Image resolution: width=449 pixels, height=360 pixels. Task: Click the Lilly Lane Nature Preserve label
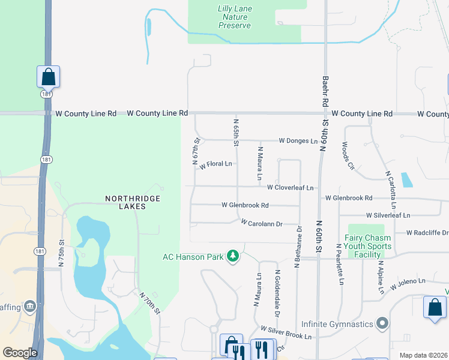(x=235, y=17)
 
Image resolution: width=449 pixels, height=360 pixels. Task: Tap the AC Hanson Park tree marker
(x=232, y=257)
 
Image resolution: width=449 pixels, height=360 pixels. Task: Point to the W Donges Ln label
(x=298, y=141)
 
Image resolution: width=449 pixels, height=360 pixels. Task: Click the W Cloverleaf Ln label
(x=291, y=188)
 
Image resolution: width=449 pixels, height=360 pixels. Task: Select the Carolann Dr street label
(x=261, y=223)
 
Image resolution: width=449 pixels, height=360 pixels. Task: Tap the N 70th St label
(x=151, y=302)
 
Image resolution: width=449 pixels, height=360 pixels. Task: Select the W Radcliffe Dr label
(x=427, y=233)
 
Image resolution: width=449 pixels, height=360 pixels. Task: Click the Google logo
(x=20, y=353)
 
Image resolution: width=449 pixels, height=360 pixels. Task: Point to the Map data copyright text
(x=424, y=355)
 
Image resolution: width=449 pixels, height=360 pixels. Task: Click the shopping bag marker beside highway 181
(x=48, y=77)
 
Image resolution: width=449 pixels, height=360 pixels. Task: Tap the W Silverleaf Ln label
(x=388, y=215)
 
